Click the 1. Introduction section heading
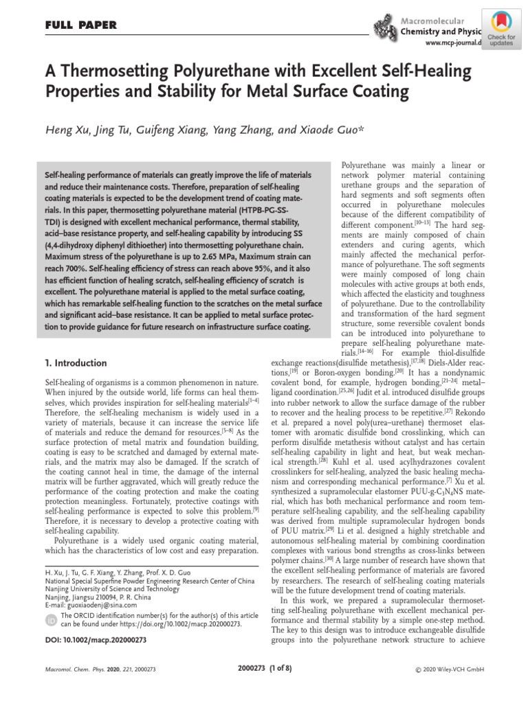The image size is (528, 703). [76, 362]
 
